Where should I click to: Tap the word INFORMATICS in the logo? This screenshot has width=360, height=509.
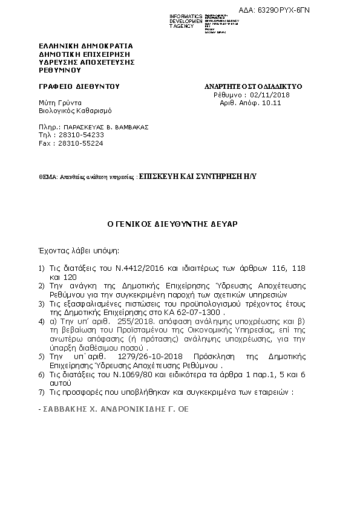pyautogui.click(x=186, y=15)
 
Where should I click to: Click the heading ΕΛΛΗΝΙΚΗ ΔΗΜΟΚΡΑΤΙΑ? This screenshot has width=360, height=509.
pyautogui.click(x=85, y=46)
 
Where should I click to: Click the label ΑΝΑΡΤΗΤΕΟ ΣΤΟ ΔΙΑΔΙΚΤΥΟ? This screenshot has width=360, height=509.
pyautogui.click(x=253, y=86)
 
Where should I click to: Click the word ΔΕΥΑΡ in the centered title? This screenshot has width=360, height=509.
pyautogui.click(x=223, y=223)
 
